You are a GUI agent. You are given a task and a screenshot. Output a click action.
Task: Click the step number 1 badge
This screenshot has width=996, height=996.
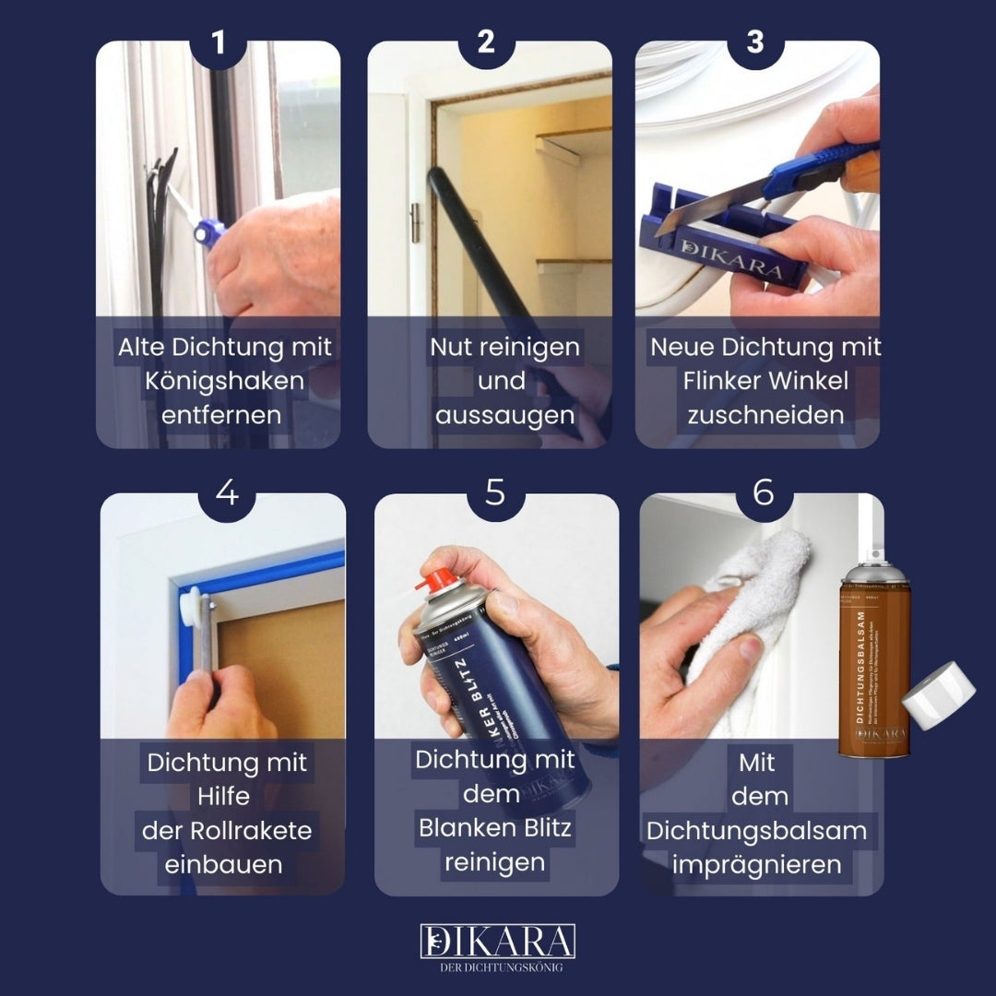[x=218, y=41]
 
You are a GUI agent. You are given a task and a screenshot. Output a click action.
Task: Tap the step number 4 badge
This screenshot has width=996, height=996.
[x=226, y=493]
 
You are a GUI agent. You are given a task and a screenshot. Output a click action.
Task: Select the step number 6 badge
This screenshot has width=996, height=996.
[x=763, y=493]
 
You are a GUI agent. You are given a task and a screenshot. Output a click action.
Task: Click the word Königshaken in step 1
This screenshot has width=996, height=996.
[x=224, y=381]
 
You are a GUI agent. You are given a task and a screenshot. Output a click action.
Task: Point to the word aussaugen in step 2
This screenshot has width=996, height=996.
[x=504, y=415]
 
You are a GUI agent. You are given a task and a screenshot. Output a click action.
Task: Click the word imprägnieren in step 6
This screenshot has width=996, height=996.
[x=756, y=865]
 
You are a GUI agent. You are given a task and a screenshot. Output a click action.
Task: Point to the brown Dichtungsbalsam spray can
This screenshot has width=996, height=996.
[x=874, y=664]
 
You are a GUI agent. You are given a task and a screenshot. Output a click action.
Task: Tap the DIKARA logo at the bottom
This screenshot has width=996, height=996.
[x=498, y=941]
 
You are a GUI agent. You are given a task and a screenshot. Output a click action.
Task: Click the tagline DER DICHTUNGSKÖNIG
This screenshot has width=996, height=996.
[x=498, y=967]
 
